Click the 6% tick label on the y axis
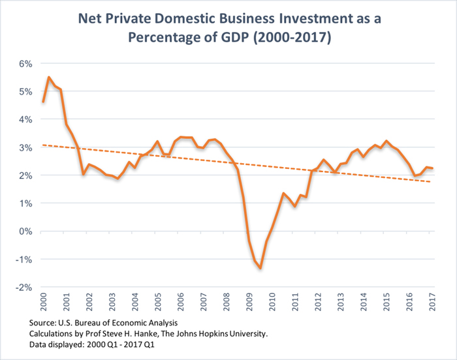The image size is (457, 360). (x=24, y=63)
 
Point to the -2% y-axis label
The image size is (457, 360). (x=23, y=288)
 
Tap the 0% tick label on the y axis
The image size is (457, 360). (x=24, y=232)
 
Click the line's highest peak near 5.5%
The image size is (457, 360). (x=49, y=77)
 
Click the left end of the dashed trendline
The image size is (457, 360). (x=42, y=145)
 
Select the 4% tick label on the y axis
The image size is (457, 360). (x=24, y=119)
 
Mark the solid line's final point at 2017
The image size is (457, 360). (x=432, y=168)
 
